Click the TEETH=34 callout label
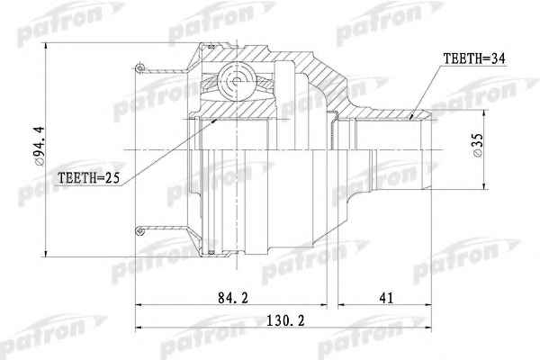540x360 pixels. tap(474, 58)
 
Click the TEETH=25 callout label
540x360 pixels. tap(88, 178)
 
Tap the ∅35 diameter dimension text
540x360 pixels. tap(478, 146)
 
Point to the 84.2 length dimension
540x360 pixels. tap(233, 298)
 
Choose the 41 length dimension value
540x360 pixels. tap(386, 298)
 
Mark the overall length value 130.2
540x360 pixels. tap(286, 321)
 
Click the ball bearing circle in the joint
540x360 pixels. tap(236, 81)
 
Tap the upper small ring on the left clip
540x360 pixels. tap(139, 67)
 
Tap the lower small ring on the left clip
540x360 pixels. tap(139, 230)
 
